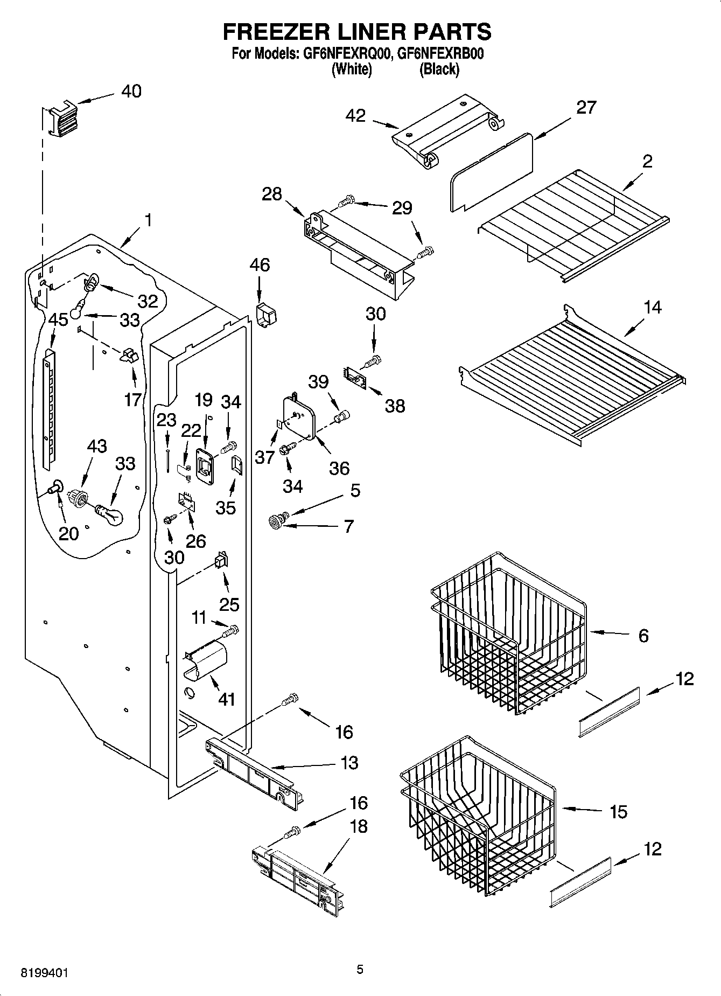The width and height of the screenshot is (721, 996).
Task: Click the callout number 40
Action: click(131, 91)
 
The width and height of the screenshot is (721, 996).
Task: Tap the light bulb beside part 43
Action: click(110, 514)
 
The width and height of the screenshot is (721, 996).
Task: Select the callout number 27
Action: click(586, 107)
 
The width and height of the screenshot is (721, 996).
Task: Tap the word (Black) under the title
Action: click(439, 69)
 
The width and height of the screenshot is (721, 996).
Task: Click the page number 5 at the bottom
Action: click(360, 970)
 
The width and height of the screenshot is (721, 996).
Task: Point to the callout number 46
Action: click(260, 265)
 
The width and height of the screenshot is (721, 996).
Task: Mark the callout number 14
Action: click(652, 308)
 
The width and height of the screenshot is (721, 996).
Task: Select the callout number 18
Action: click(359, 826)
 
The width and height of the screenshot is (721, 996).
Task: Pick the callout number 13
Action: click(349, 763)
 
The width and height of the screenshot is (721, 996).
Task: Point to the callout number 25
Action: click(229, 604)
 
